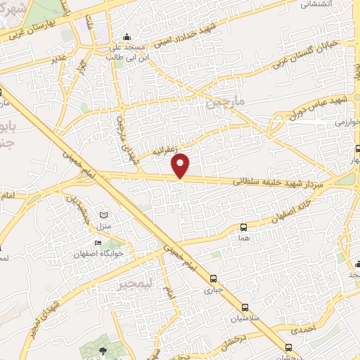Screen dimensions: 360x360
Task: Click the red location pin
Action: click(181, 165)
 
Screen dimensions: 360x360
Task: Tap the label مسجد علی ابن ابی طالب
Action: click(127, 53)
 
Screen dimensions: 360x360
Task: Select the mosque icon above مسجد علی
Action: click(127, 37)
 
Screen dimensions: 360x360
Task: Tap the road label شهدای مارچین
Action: click(125, 134)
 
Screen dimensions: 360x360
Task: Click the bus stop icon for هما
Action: click(243, 227)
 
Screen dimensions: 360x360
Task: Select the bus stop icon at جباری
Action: click(212, 276)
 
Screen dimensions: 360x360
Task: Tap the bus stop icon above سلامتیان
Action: click(244, 307)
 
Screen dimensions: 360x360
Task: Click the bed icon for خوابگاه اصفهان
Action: click(98, 243)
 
